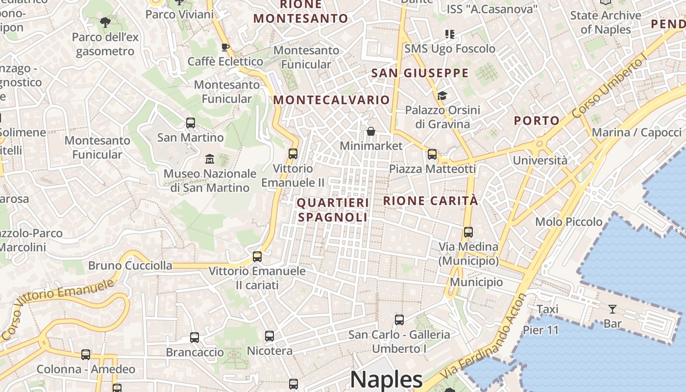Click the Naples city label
point(386,380)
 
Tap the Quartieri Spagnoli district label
point(333,210)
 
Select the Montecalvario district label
point(331,100)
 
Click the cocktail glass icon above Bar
point(612,309)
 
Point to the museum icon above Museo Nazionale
point(210,159)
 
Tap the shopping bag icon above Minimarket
point(371,131)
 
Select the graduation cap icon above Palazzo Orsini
point(442,96)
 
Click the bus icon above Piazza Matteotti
point(432,154)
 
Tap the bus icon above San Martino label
point(190,123)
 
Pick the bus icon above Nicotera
point(269,336)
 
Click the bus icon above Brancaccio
point(195,338)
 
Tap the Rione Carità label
point(430,200)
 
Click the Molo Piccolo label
point(568,222)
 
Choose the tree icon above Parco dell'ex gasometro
point(105,22)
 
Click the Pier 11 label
point(541,330)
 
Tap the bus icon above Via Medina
point(468,232)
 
